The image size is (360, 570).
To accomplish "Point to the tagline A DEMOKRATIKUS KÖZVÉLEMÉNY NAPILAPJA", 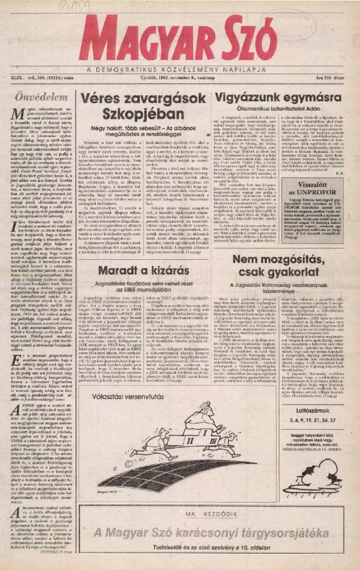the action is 180,68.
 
